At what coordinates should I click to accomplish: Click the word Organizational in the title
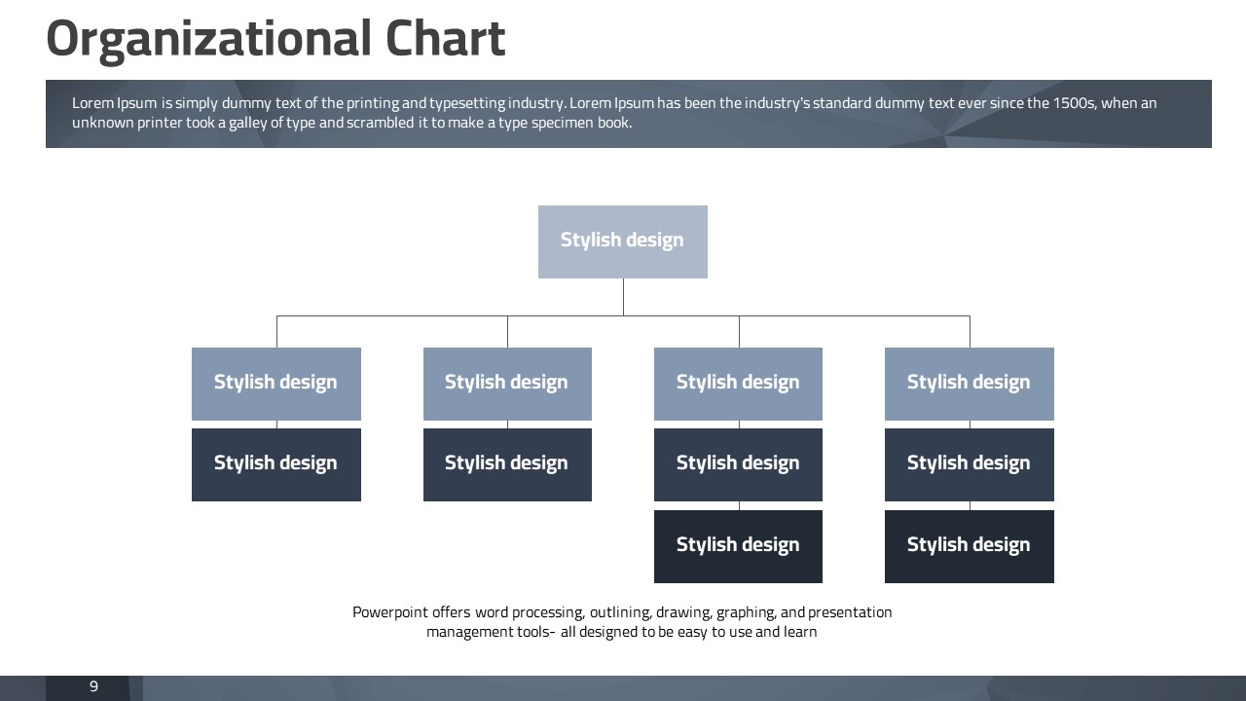(208, 40)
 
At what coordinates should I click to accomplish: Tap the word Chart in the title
(445, 38)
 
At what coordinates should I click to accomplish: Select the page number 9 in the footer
(93, 686)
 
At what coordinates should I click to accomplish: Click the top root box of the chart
(622, 241)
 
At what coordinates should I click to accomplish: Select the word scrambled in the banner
(380, 123)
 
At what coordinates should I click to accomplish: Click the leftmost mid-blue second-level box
(275, 384)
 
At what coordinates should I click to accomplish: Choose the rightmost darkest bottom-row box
(969, 546)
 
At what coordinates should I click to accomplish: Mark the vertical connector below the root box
(623, 297)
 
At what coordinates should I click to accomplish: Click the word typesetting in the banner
(467, 103)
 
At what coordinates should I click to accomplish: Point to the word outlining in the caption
(620, 612)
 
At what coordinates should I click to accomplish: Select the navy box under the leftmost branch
(275, 464)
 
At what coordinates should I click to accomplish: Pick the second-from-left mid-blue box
(507, 384)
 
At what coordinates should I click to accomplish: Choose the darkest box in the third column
(738, 546)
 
